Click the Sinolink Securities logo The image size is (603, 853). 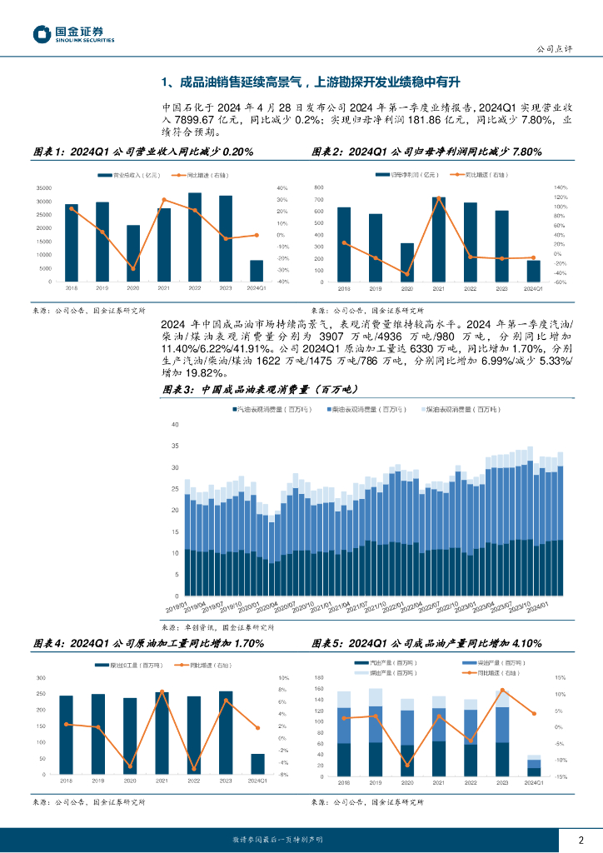tap(73, 33)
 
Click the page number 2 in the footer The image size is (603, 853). tap(581, 840)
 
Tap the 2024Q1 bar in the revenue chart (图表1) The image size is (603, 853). tap(257, 271)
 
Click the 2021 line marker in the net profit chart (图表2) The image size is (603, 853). tap(438, 197)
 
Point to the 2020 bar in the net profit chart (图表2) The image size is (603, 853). tap(406, 263)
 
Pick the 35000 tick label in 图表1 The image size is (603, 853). tap(46, 188)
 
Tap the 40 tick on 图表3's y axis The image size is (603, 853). tap(175, 424)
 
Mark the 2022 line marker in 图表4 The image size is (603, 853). tap(194, 769)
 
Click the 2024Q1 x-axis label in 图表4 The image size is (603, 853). tap(258, 781)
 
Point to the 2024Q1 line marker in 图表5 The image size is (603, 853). tap(534, 713)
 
